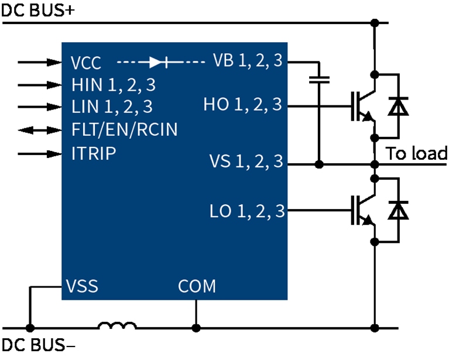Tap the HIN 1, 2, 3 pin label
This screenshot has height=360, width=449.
tap(113, 85)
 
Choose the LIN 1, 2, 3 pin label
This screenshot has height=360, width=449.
tap(111, 107)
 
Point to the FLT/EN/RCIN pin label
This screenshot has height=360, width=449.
tap(124, 130)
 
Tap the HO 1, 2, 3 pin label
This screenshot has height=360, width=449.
tap(243, 105)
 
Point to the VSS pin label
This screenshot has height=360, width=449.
tap(82, 287)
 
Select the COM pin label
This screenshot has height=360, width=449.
tap(197, 287)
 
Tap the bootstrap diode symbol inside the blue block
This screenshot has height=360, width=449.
tap(159, 61)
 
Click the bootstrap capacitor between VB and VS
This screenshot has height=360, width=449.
tap(319, 80)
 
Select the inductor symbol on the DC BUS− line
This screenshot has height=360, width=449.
tap(117, 326)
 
